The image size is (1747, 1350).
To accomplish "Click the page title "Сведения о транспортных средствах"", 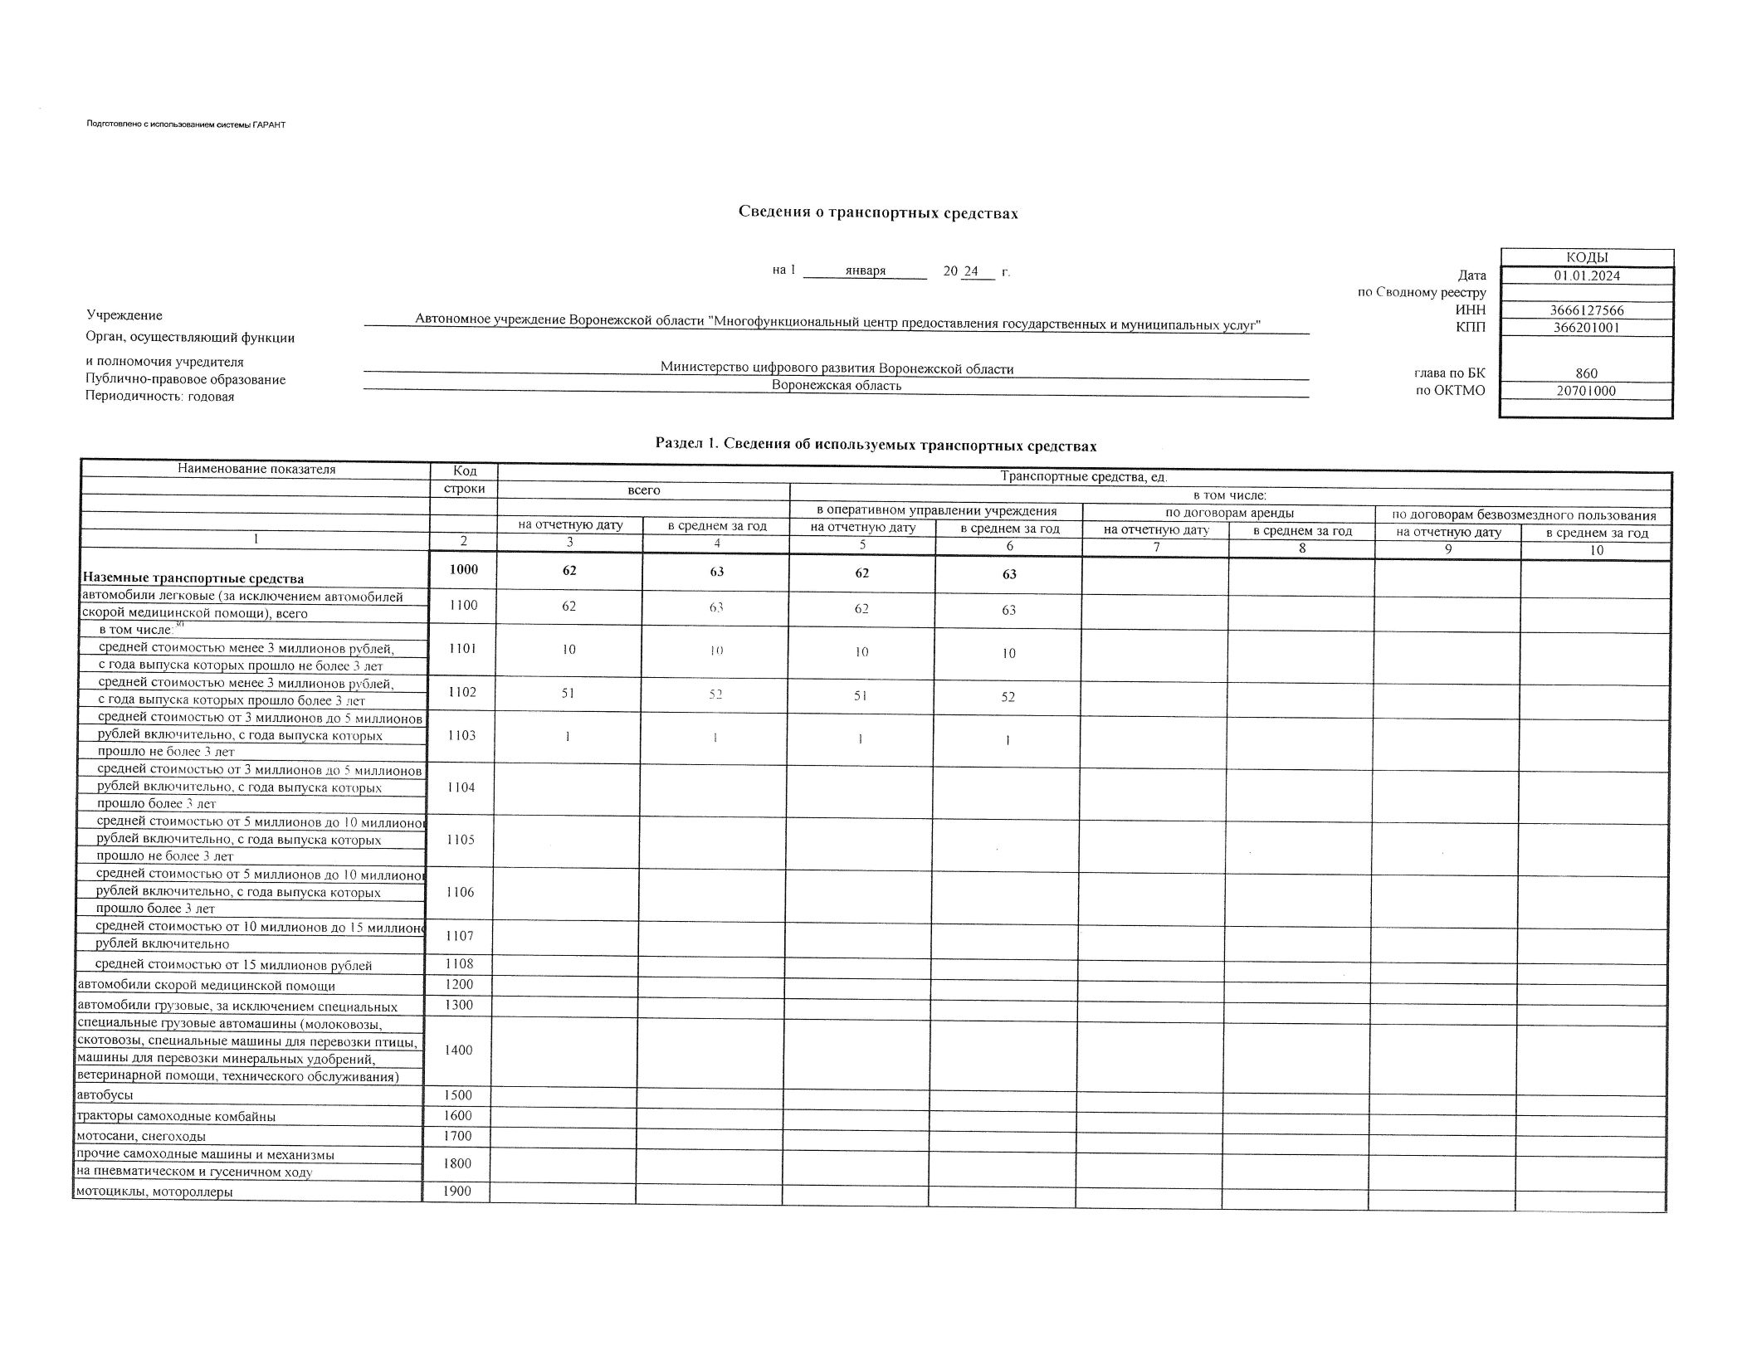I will point(878,213).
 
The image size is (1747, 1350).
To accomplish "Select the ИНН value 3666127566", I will point(1586,310).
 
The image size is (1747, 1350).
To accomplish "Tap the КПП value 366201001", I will point(1586,327).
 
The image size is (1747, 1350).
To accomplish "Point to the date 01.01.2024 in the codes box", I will point(1587,275).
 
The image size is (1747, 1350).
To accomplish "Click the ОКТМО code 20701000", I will point(1586,391).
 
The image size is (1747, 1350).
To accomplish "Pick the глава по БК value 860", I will point(1586,373).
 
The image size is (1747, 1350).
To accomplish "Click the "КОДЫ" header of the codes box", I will point(1586,258).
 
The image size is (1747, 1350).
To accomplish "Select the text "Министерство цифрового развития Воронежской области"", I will point(837,368).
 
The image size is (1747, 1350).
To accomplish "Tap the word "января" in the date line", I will point(865,271).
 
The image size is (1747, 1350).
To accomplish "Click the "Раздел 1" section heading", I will point(876,446).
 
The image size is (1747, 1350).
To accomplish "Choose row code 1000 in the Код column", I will point(463,570).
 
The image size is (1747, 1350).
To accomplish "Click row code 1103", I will point(461,735).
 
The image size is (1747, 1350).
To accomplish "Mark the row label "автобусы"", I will point(105,1095).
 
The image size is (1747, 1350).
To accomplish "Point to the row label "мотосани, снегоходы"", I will point(141,1136).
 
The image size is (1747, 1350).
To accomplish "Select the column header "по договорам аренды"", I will point(1229,513).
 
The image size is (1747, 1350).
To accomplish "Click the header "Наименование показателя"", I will point(256,469).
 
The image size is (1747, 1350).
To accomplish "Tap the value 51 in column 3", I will point(568,693).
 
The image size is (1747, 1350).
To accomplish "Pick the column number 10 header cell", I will point(1596,549).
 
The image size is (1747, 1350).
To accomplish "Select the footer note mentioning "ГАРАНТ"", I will point(186,124).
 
